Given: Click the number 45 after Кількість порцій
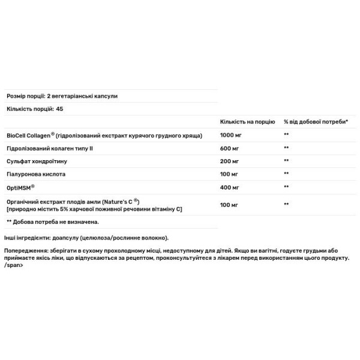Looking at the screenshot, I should point(59,109).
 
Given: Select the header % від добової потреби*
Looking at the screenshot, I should point(315,122).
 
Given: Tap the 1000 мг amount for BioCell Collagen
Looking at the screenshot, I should point(231,135).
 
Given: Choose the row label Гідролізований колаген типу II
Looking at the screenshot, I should point(50,148).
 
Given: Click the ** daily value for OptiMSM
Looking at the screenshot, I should point(287,187).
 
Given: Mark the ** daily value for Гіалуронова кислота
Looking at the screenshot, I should point(287,174).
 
